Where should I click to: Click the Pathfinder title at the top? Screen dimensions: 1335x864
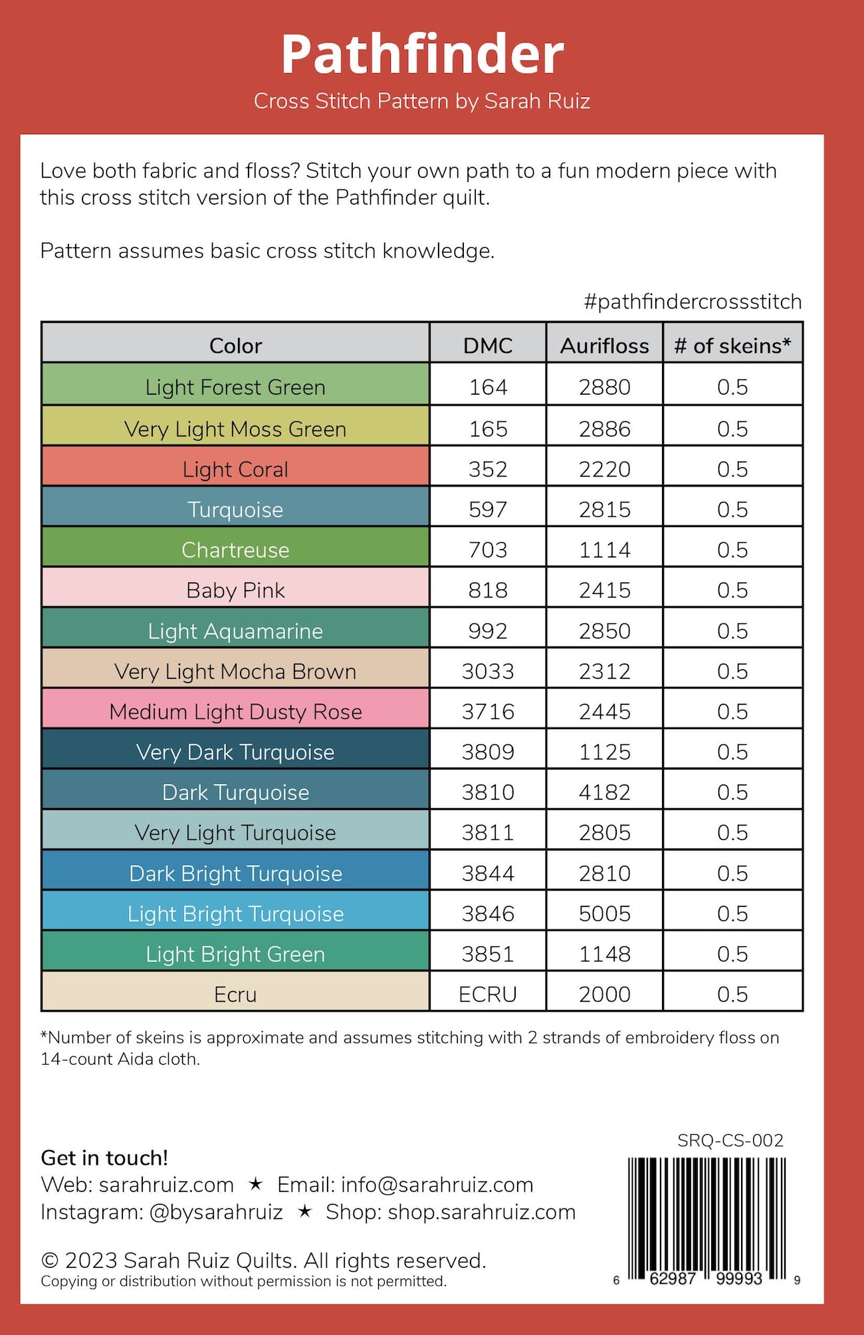click(422, 54)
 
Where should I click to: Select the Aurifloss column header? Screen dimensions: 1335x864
click(604, 346)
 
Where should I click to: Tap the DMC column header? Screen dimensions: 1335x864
click(488, 346)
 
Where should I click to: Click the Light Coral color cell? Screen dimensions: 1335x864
click(235, 469)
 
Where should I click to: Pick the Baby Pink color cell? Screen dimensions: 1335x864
click(235, 590)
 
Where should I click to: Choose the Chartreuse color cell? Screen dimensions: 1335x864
click(235, 550)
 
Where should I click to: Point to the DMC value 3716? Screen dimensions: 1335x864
click(488, 712)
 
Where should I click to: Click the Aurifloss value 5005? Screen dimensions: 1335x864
click(604, 914)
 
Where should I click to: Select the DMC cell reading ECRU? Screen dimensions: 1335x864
click(488, 994)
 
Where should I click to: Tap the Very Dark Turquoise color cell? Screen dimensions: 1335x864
click(235, 752)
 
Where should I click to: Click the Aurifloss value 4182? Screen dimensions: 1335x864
click(604, 792)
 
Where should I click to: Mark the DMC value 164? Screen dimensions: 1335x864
click(488, 387)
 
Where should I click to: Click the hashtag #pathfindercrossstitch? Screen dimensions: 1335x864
click(693, 302)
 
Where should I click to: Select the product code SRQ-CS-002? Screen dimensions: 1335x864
click(730, 1140)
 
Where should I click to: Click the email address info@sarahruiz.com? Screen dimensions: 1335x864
click(437, 1185)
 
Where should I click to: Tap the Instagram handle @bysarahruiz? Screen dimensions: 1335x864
click(216, 1212)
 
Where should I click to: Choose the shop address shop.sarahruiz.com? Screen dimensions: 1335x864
click(481, 1212)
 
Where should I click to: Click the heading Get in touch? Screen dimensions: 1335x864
click(104, 1158)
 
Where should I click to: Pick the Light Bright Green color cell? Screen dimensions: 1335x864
click(235, 954)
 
